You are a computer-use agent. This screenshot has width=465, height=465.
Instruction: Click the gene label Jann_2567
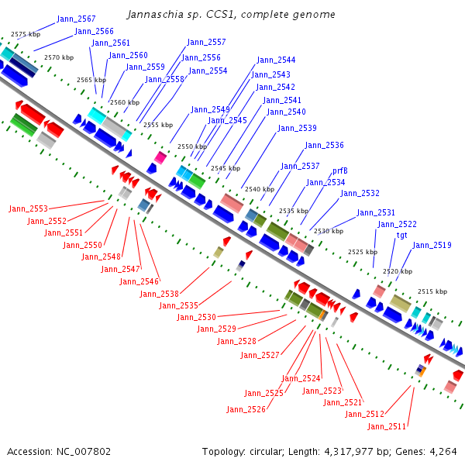tap(77, 19)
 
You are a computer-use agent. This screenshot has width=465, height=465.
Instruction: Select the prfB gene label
tap(340, 170)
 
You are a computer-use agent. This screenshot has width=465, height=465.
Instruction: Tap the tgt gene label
tap(402, 235)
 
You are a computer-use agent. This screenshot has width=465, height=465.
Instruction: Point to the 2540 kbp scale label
tap(260, 189)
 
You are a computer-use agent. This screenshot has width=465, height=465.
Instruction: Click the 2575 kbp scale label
tap(26, 35)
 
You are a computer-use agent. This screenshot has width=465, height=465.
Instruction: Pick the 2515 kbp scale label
tap(432, 291)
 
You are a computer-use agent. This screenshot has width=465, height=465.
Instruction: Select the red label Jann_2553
tap(29, 208)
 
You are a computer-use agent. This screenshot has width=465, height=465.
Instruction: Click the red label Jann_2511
tap(387, 426)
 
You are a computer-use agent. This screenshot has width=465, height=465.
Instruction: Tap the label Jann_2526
tap(246, 409)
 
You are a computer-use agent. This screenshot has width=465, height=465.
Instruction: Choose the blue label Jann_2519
tap(432, 246)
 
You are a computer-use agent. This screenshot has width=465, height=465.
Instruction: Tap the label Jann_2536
tap(324, 146)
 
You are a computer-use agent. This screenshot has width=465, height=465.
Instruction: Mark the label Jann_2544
tap(276, 60)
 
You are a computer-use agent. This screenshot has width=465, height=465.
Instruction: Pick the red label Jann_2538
tap(160, 294)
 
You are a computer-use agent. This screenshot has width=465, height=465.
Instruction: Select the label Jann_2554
tap(208, 71)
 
